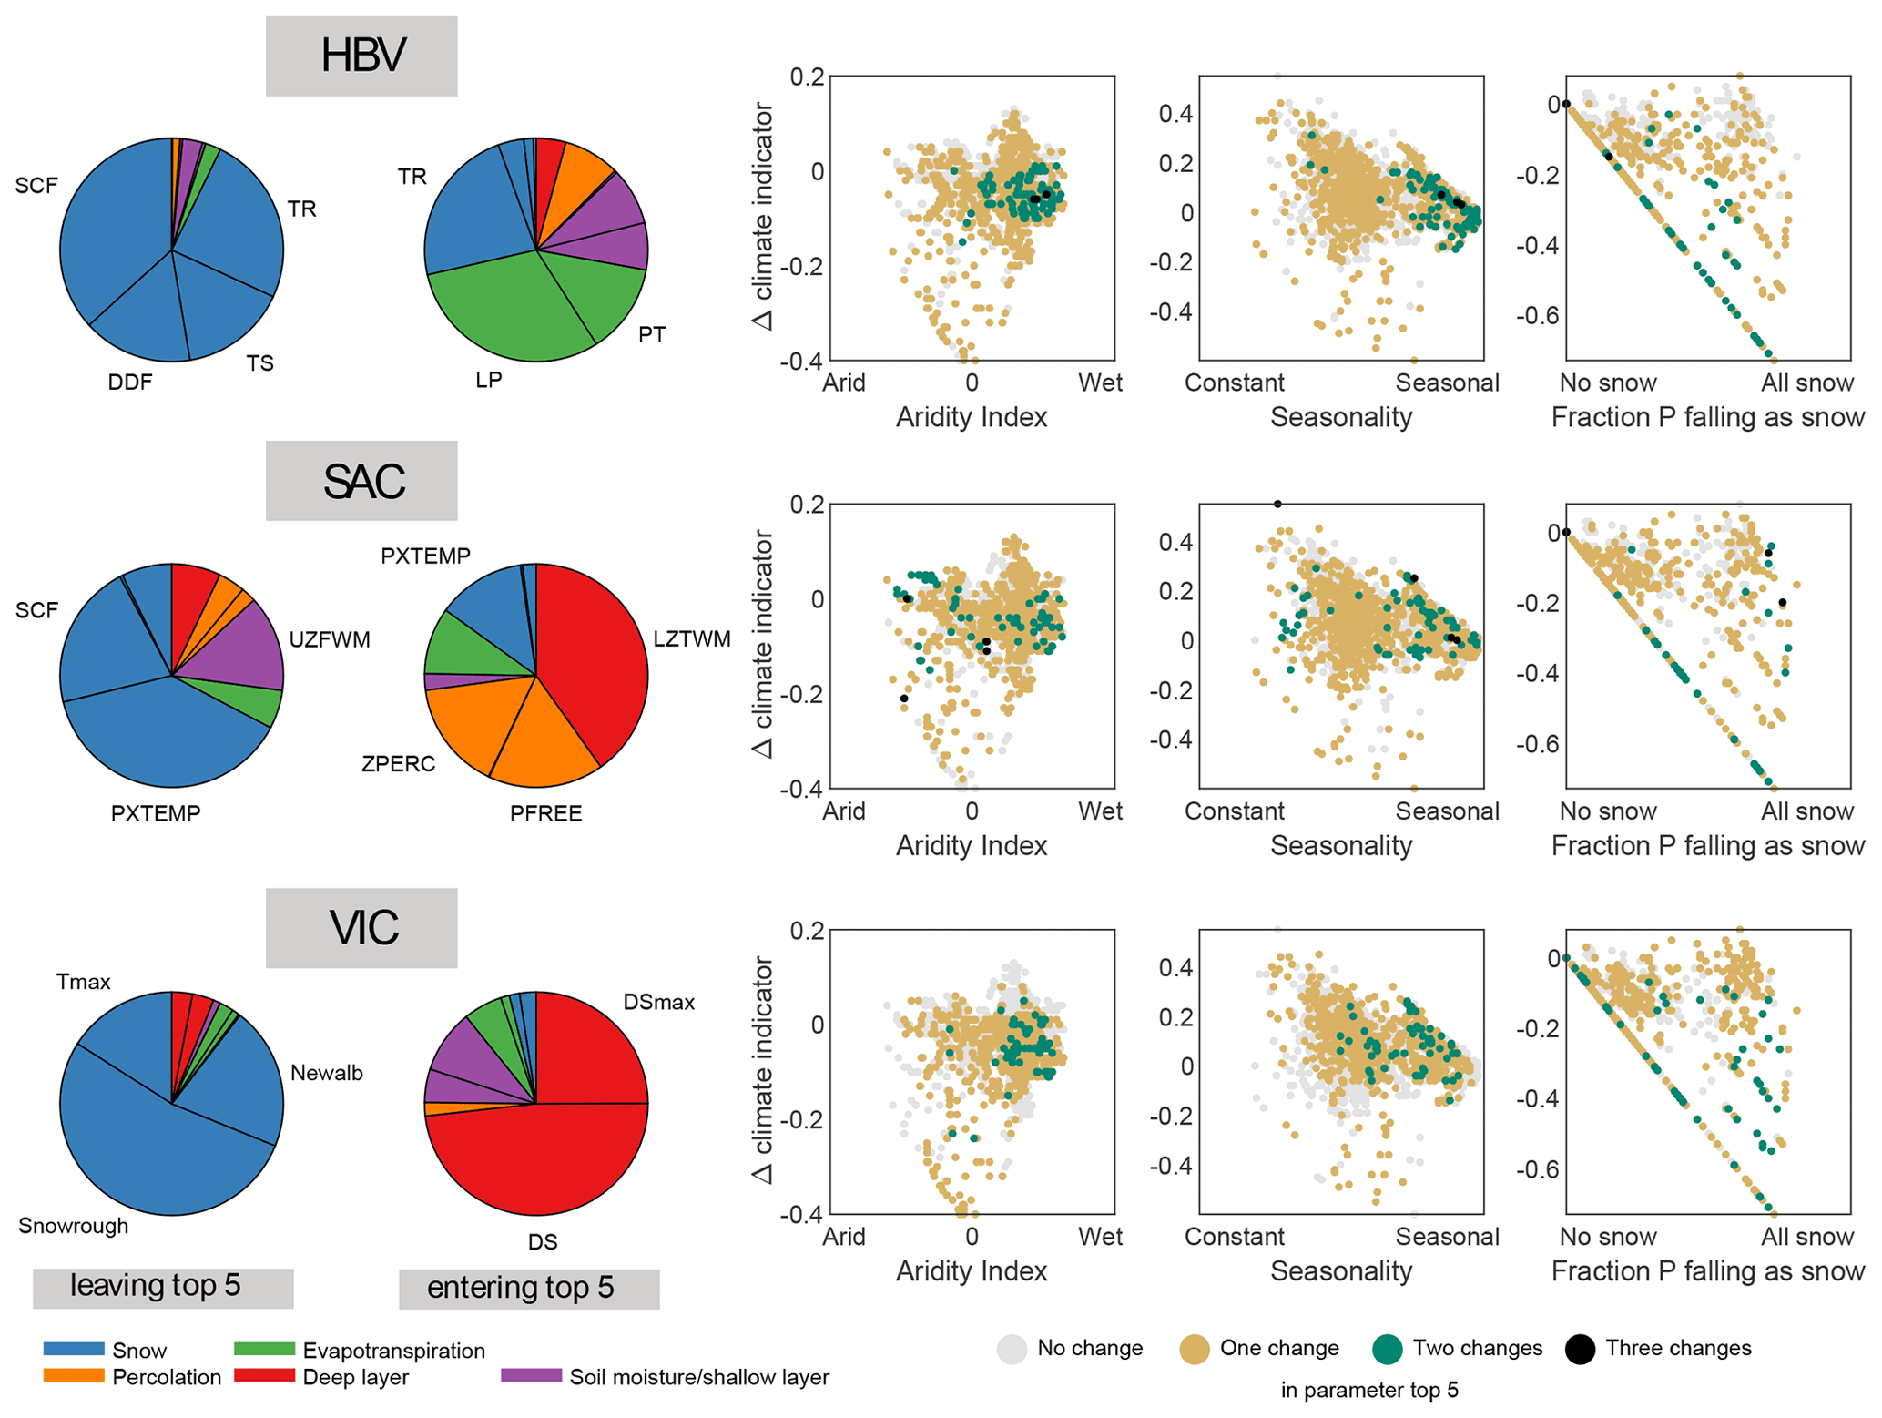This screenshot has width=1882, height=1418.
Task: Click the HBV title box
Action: click(x=361, y=56)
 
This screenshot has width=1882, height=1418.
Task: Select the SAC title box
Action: click(x=361, y=481)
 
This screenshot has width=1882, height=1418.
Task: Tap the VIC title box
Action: click(x=361, y=928)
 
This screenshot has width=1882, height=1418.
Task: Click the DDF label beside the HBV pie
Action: click(x=129, y=383)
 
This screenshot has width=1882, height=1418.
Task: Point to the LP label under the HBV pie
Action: click(x=489, y=380)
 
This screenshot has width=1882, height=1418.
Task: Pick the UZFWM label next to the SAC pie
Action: click(x=330, y=640)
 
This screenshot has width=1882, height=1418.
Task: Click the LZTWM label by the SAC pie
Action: click(x=692, y=639)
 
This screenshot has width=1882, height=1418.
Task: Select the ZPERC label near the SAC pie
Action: click(x=398, y=764)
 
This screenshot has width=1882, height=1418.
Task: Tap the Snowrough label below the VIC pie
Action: click(x=73, y=1226)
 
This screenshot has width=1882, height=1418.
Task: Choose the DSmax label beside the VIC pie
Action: click(x=658, y=1003)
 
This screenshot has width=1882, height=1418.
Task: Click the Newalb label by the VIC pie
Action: click(x=326, y=1073)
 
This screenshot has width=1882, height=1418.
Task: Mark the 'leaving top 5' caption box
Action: click(x=163, y=1287)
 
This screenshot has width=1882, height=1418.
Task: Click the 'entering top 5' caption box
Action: click(x=528, y=1289)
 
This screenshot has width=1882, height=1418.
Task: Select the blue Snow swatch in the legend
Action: click(x=74, y=1349)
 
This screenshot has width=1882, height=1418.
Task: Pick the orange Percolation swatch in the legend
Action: click(x=74, y=1375)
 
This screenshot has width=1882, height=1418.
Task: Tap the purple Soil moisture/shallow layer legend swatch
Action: click(x=531, y=1375)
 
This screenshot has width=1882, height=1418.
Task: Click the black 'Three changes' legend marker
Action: click(x=1580, y=1349)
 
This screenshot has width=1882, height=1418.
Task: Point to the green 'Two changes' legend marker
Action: click(x=1387, y=1349)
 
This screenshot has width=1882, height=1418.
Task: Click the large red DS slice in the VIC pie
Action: click(x=537, y=1161)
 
